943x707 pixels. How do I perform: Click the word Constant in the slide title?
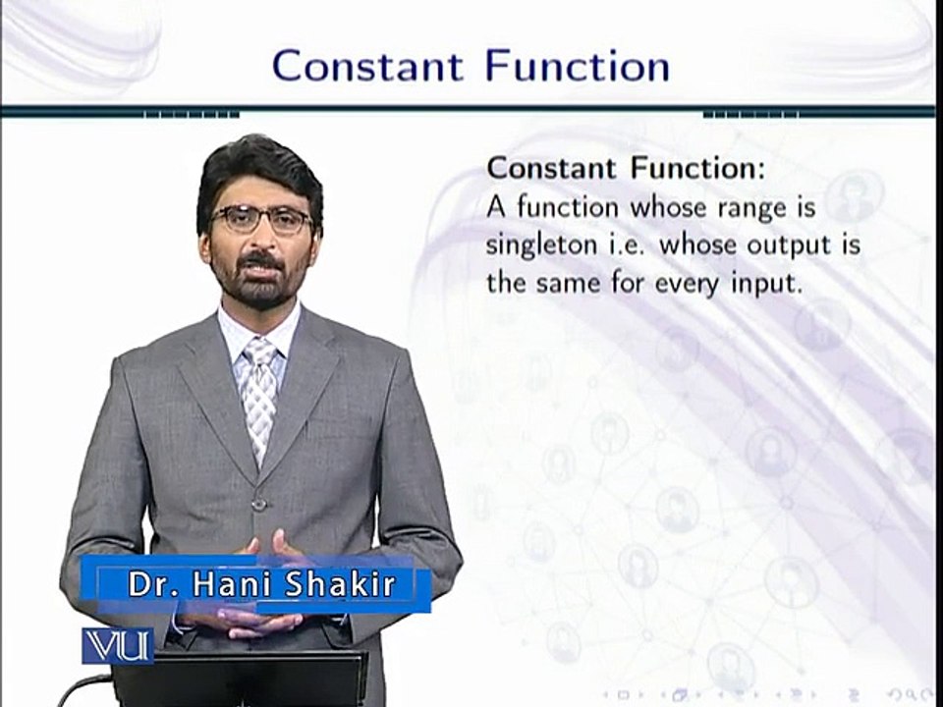pyautogui.click(x=368, y=67)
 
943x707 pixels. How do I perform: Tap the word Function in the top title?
pyautogui.click(x=578, y=67)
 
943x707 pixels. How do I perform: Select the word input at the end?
pyautogui.click(x=789, y=284)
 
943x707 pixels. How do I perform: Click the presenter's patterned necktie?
pyautogui.click(x=260, y=393)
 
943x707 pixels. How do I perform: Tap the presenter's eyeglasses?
pyautogui.click(x=260, y=218)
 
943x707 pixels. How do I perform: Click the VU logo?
pyautogui.click(x=117, y=644)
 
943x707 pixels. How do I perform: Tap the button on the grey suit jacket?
pyautogui.click(x=258, y=505)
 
